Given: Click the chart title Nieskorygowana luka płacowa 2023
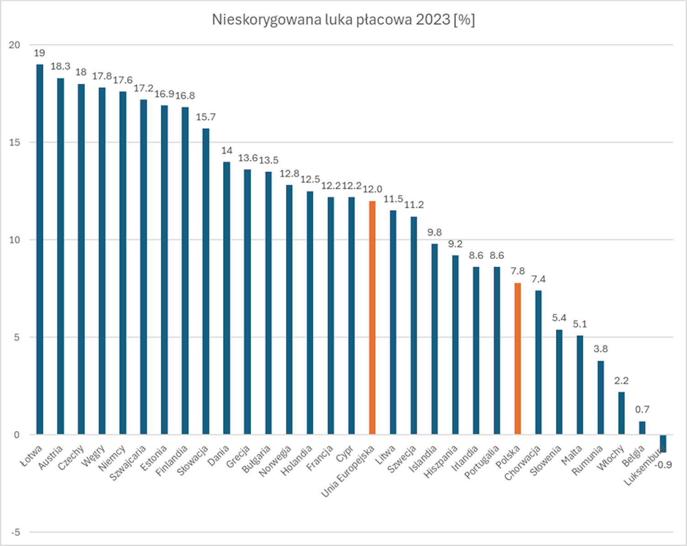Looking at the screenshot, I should pyautogui.click(x=343, y=20).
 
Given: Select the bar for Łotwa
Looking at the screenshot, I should pyautogui.click(x=40, y=249).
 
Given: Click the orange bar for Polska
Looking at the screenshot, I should pyautogui.click(x=518, y=358).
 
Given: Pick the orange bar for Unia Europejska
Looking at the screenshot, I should pyautogui.click(x=372, y=317).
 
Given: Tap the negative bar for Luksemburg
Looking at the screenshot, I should pyautogui.click(x=663, y=443).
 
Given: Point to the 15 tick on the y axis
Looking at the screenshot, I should pyautogui.click(x=15, y=142).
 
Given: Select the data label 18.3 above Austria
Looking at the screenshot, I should pyautogui.click(x=60, y=67).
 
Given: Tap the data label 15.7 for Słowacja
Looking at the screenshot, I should pyautogui.click(x=206, y=117).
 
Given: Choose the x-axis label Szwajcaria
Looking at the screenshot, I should pyautogui.click(x=128, y=463).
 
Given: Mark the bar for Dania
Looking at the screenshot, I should pyautogui.click(x=227, y=298).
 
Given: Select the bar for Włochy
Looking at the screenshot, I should pyautogui.click(x=621, y=413).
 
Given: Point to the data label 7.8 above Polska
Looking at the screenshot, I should pyautogui.click(x=518, y=271).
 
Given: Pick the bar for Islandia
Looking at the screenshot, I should pyautogui.click(x=434, y=339).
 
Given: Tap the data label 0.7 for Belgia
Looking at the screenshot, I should pyautogui.click(x=642, y=409).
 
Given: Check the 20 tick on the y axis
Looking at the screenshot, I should pyautogui.click(x=15, y=45).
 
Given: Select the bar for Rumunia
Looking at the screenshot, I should pyautogui.click(x=601, y=397).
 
